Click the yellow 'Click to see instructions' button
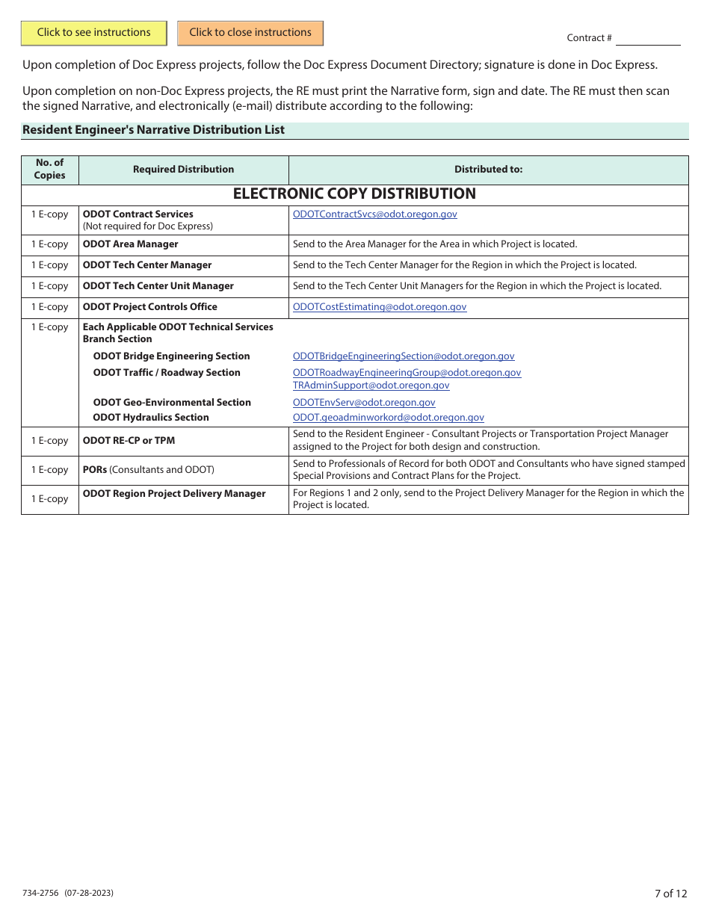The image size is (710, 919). pos(94,33)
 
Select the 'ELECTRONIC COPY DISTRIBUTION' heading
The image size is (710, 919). pos(354,194)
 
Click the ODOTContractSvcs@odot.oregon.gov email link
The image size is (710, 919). pos(374,214)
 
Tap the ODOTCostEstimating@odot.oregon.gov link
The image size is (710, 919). pos(379,307)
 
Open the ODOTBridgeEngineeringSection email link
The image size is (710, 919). pos(404,356)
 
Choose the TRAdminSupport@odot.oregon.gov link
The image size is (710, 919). pos(371,386)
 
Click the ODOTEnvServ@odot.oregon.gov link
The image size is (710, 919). pos(364,403)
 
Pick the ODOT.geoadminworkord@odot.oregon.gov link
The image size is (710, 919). pos(388,418)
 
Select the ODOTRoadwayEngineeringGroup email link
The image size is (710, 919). pos(407,373)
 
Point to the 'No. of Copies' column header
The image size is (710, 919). pos(49,170)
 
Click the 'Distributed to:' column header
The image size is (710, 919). pos(488,170)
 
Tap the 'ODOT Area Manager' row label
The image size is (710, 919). pos(131,244)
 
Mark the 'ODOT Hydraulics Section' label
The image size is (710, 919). pos(151,418)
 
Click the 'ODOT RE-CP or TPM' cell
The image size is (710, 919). pos(129,441)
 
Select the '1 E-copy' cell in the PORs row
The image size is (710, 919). pos(49,470)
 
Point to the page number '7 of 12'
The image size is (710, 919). pos(670,894)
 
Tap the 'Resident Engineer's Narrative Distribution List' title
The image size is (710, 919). pos(153,130)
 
